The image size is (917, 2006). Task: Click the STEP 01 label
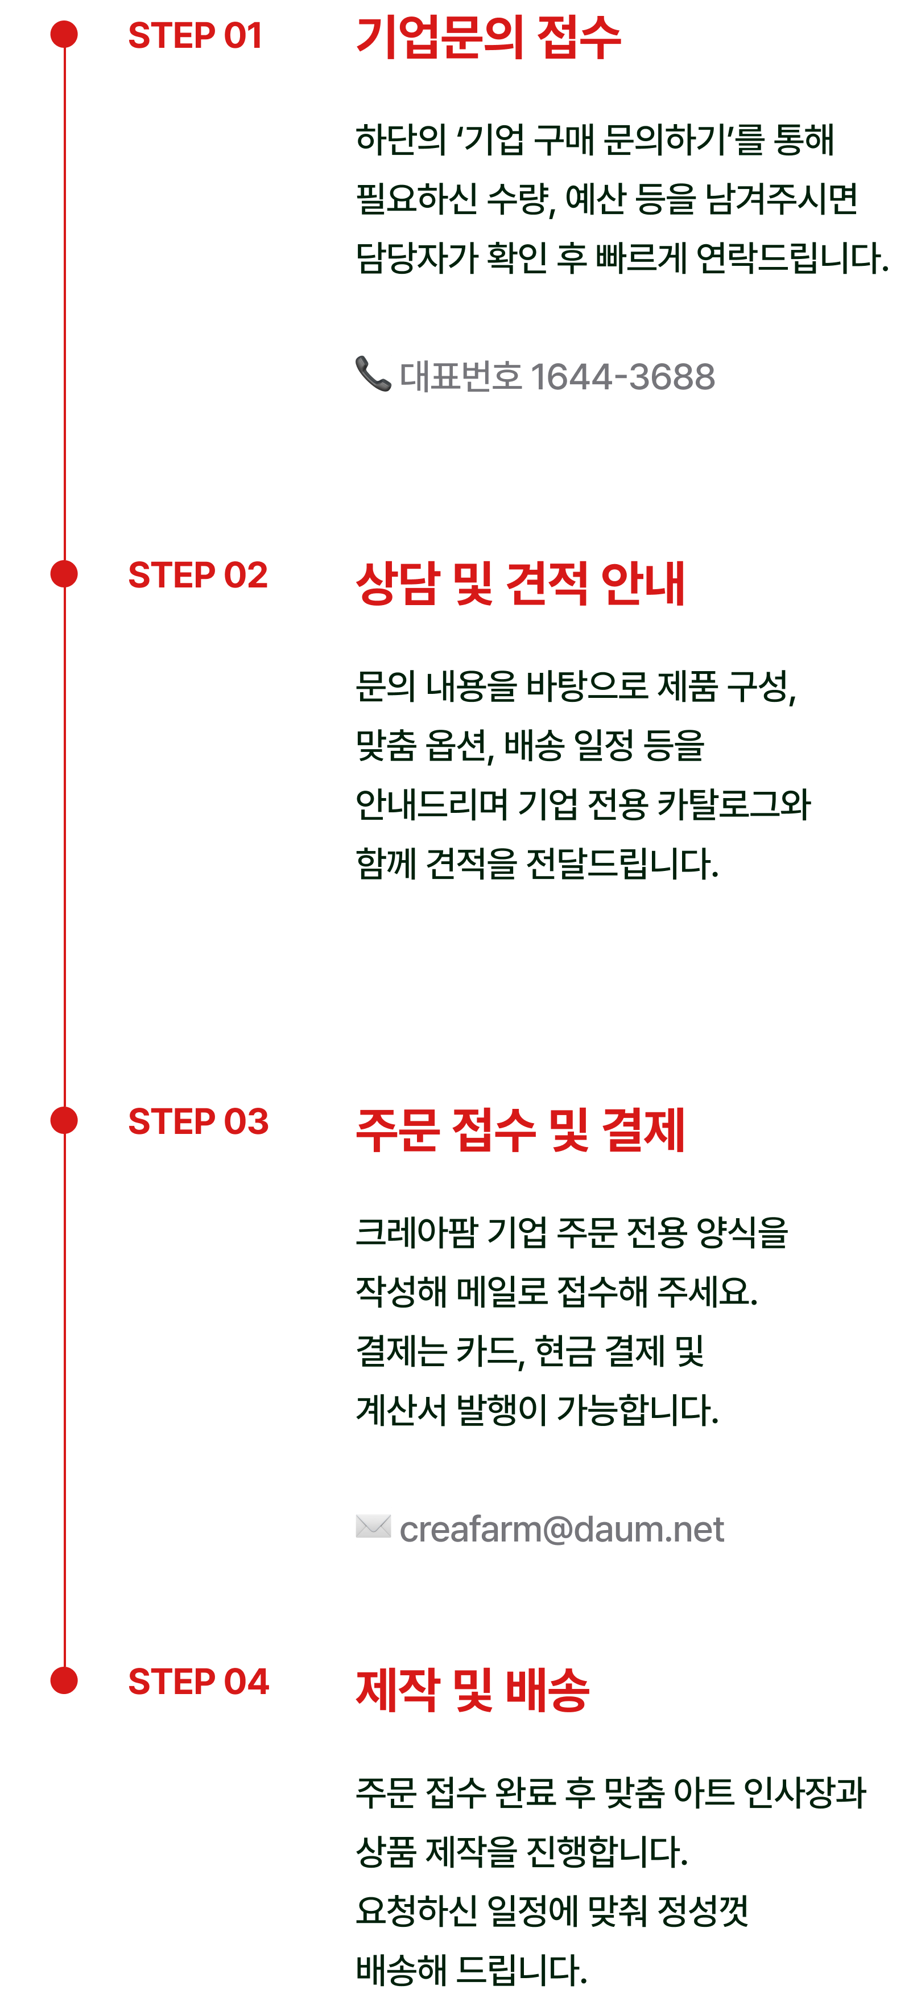pos(195,36)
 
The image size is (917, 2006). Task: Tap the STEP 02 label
pos(198,576)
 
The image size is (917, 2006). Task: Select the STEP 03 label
pos(198,1122)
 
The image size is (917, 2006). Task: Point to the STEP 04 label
pos(199,1682)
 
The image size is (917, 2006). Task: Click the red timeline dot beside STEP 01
pos(64,34)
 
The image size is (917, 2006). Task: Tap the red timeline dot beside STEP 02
pos(64,574)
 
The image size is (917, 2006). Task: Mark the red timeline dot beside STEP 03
pos(64,1121)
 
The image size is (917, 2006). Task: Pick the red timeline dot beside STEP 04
pos(64,1680)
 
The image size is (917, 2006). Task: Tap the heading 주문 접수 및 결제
pos(520,1130)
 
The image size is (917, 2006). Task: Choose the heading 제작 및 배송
pos(473,1690)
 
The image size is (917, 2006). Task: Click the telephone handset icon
pos(373,374)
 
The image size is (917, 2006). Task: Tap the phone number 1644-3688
pos(623,377)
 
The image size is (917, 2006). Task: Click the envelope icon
pos(373,1526)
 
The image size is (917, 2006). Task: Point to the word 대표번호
pos(460,377)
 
